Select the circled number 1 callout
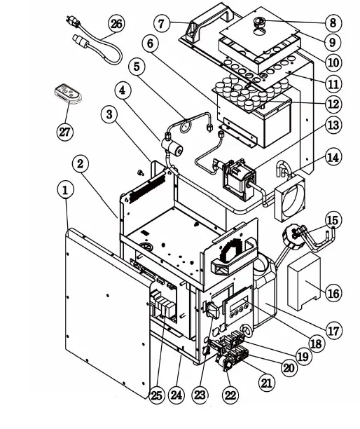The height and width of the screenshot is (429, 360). (x=65, y=189)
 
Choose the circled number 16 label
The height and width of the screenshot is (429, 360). (x=333, y=292)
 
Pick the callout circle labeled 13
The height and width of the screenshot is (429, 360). (x=333, y=125)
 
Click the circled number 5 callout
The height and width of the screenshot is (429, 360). (x=137, y=67)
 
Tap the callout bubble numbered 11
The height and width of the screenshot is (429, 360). (x=333, y=83)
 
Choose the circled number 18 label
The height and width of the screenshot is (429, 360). (x=316, y=343)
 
